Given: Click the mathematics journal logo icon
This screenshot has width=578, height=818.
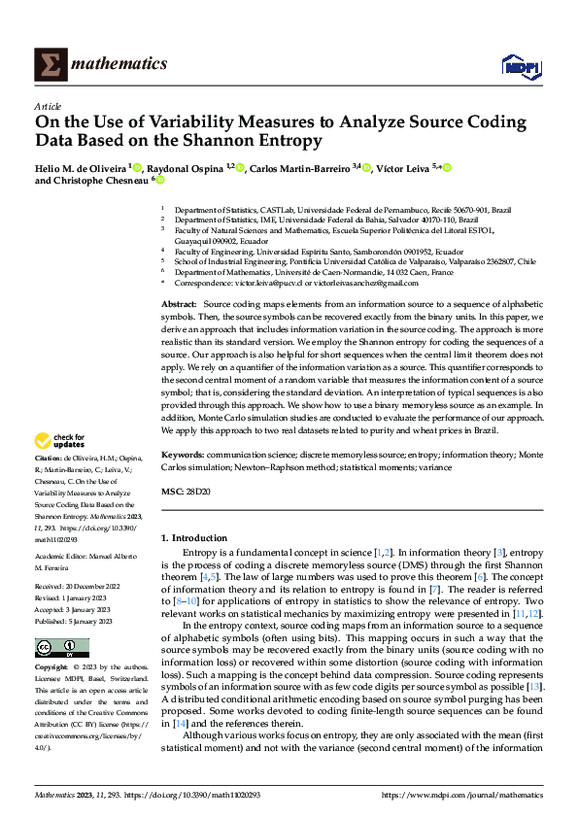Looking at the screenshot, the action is [50, 64].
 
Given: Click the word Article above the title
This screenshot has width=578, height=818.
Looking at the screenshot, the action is [48, 106].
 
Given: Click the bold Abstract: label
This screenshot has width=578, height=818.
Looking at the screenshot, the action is [179, 305].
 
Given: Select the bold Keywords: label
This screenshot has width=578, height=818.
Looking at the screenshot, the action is [182, 455].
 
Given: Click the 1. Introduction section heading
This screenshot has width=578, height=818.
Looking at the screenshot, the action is [194, 537].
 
